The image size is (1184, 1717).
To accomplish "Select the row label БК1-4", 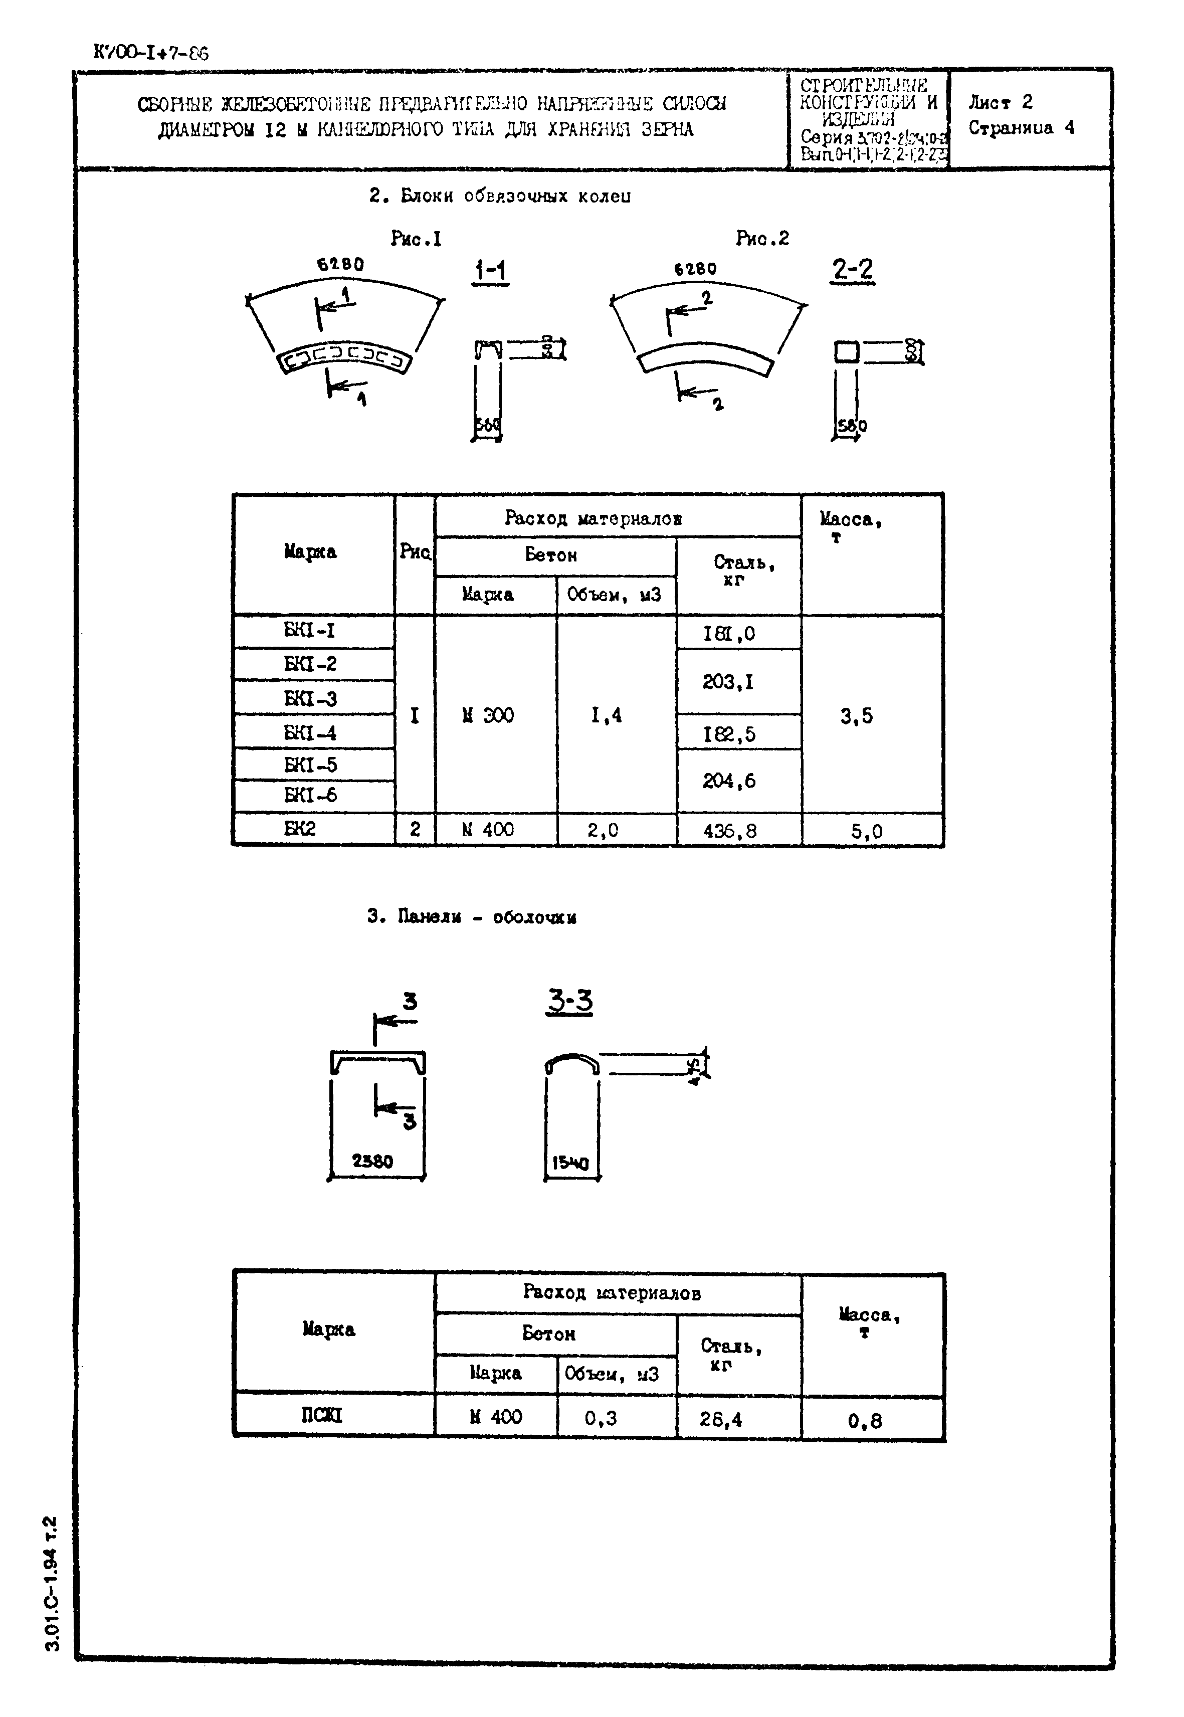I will [310, 733].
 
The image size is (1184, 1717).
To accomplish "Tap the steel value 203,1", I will [728, 681].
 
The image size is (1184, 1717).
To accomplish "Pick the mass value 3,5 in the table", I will [856, 716].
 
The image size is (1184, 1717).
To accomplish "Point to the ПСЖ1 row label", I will [322, 1415].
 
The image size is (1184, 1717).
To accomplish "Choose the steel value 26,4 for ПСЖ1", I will [720, 1419].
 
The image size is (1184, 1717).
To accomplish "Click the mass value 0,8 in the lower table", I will [865, 1420].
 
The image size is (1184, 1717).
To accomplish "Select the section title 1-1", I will [490, 271].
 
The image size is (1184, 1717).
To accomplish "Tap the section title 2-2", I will [852, 269].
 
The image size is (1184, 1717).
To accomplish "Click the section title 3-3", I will [570, 1001].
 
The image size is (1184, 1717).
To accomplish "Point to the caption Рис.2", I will [762, 238].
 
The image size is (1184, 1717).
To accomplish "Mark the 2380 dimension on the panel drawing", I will [372, 1161].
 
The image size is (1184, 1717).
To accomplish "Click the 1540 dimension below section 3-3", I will [570, 1164].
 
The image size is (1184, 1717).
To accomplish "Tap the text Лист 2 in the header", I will [1000, 102].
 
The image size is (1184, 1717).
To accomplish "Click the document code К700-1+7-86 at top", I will [150, 53].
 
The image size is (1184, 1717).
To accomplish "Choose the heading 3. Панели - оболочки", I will [472, 916].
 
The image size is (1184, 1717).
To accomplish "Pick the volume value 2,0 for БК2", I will [603, 830].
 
